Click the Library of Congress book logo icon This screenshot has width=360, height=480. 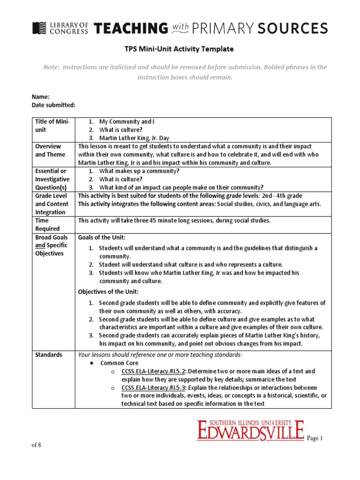39,28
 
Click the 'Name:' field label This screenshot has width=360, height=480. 41,97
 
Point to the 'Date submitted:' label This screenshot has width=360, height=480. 53,105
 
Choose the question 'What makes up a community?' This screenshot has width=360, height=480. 139,171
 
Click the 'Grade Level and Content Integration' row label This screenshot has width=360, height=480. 52,204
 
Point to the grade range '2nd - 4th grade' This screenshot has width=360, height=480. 283,195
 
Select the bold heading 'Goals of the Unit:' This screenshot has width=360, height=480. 102,237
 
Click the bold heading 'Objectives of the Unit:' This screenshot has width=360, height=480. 108,292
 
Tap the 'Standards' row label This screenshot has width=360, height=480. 49,355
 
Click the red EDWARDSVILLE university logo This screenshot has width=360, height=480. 250,430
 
